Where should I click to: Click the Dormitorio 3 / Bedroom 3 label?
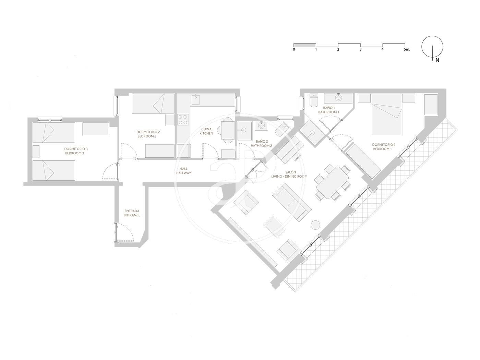[x=76, y=151]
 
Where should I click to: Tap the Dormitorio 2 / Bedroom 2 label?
[x=148, y=134]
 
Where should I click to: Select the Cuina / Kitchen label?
[x=206, y=131]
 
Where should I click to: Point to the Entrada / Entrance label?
[x=132, y=213]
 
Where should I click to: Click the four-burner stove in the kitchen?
[x=183, y=120]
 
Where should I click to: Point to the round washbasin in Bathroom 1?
[x=338, y=97]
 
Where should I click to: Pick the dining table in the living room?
[x=332, y=182]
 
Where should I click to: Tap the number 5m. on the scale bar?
[x=407, y=49]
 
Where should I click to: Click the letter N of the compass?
[x=437, y=61]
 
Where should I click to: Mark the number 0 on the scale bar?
[x=294, y=49]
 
